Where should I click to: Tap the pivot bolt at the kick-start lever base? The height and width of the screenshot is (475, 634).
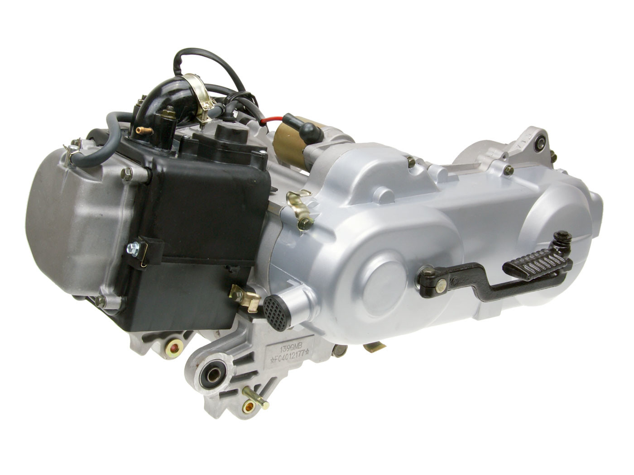428,275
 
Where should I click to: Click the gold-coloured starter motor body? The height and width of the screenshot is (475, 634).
290,140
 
